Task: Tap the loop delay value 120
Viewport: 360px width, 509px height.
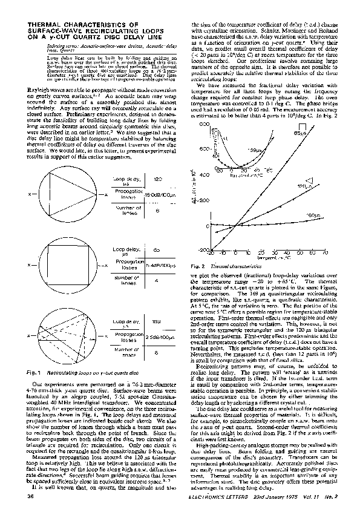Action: pos(156,180)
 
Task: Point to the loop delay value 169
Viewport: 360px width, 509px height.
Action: pos(156,321)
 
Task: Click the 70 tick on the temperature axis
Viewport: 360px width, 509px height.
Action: pos(326,253)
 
